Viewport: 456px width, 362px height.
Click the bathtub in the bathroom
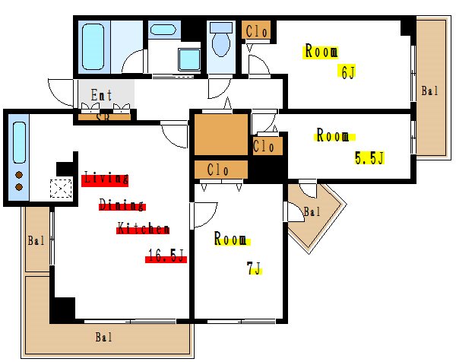point(93,46)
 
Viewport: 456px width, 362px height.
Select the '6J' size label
point(348,73)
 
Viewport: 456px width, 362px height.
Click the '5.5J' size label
point(369,158)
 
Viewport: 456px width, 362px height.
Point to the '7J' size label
point(254,268)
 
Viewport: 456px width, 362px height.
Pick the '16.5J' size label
point(166,258)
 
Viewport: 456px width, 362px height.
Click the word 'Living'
point(105,179)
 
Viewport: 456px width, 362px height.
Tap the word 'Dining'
point(122,205)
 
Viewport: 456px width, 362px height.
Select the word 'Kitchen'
point(142,229)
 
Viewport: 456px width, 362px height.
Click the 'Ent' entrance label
point(102,96)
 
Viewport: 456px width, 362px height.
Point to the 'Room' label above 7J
point(230,240)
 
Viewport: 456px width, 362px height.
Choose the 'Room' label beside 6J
point(321,52)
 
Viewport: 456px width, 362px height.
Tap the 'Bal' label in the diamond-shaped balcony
point(312,211)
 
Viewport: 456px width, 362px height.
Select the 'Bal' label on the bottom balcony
point(105,336)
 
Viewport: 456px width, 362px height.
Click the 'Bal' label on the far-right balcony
point(429,92)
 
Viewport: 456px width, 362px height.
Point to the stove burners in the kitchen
point(19,181)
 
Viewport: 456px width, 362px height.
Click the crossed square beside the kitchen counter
point(60,188)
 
